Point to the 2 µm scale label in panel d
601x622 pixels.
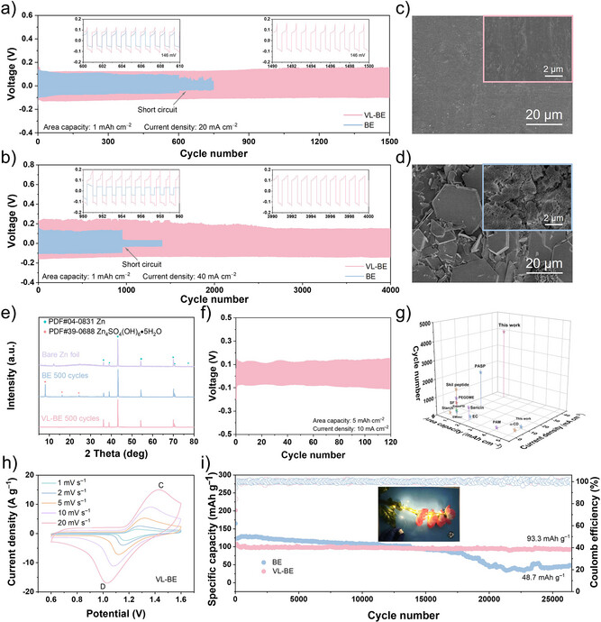coord(560,217)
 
